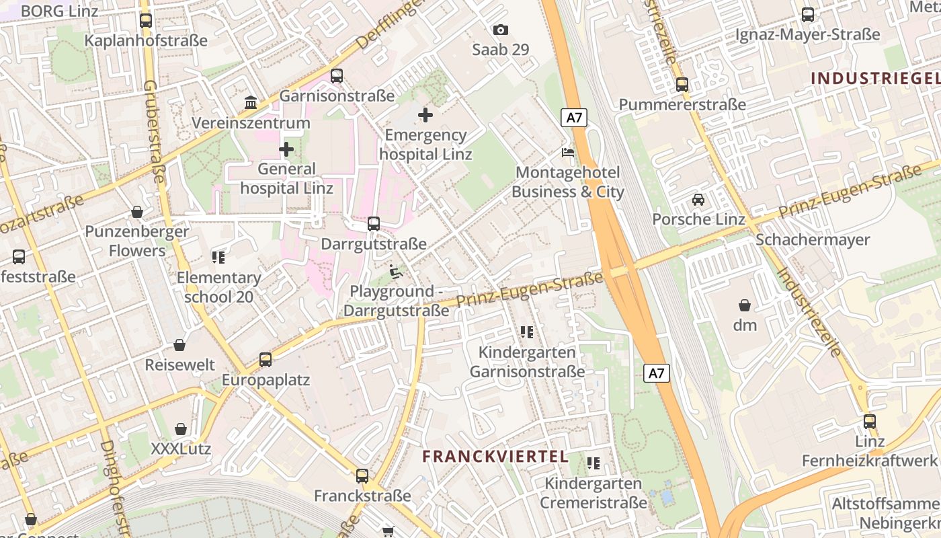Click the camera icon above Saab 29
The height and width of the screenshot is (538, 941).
pos(500,30)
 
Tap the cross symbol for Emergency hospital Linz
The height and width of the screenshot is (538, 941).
pos(425,115)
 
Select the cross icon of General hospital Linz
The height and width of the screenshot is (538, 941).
pos(286,149)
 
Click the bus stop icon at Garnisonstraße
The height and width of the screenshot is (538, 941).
pos(337,76)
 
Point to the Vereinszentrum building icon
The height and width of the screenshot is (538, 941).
pos(251,103)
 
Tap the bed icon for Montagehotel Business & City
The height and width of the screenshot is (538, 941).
pos(568,153)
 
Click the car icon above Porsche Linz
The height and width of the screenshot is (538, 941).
pos(698,200)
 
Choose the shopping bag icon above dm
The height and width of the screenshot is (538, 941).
pos(744,305)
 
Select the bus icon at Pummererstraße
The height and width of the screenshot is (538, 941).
pos(682,85)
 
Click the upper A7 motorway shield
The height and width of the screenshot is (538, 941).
pos(574,118)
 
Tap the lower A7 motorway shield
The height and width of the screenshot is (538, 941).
pos(657,373)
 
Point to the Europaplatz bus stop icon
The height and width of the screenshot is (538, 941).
pos(265,360)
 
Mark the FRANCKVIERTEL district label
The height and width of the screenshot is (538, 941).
pos(495,457)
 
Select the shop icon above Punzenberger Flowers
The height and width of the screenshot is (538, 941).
pos(137,212)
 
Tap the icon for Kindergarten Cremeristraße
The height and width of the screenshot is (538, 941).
pos(593,463)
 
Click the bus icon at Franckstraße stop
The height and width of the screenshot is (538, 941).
pos(362,476)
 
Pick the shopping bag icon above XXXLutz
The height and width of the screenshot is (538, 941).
pos(181,429)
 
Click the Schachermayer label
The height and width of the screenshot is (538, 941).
pos(813,240)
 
